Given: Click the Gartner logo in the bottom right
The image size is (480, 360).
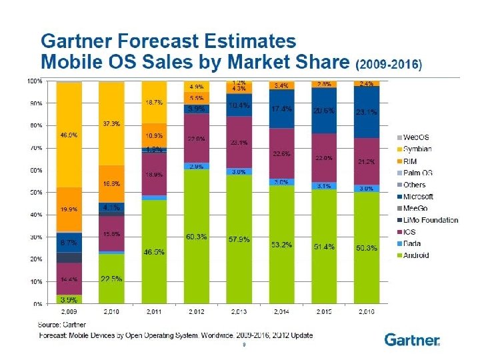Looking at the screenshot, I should (x=412, y=340).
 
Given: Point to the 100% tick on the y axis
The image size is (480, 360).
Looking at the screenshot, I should (x=35, y=81).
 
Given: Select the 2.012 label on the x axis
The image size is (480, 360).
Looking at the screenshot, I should (x=197, y=312).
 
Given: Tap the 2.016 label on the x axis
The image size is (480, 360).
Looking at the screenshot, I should (x=365, y=312).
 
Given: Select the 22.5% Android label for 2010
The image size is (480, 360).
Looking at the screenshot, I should (x=111, y=279).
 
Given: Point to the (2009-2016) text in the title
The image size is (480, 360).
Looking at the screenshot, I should (x=389, y=65).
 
